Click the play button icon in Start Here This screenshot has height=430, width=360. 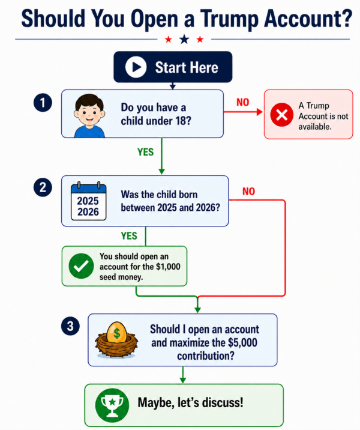point(136,67)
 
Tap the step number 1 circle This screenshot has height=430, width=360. point(43,103)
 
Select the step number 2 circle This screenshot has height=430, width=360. point(43,187)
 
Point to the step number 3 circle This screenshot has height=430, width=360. point(70,326)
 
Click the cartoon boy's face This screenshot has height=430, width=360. point(89,111)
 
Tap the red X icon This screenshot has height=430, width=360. point(281,115)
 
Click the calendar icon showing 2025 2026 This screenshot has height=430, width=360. point(88,201)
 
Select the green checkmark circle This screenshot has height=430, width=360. point(81,266)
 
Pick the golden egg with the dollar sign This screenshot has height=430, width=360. point(117,333)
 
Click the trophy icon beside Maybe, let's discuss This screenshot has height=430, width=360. point(112,405)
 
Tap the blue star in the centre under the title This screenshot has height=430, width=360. point(184,39)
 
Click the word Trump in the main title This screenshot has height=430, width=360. point(229,19)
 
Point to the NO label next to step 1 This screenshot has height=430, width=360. point(243,102)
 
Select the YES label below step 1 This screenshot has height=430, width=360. point(145,152)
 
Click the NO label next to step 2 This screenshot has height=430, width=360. point(249,192)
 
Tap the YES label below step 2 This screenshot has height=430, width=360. point(129,236)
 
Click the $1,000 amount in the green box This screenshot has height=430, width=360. point(168,267)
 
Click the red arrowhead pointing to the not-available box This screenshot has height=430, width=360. point(259,112)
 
